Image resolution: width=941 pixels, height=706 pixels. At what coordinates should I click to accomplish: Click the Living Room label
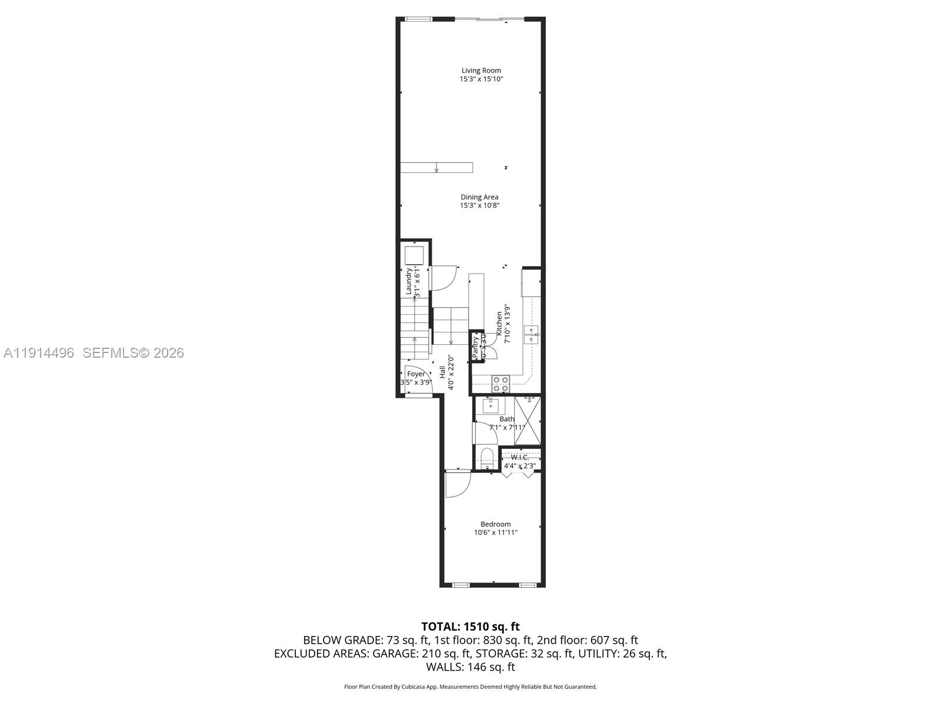[x=481, y=71]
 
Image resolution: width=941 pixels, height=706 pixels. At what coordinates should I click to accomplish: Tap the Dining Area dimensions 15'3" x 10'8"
[x=480, y=205]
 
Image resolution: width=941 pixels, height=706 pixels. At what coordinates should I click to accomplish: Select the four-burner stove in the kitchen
[x=500, y=384]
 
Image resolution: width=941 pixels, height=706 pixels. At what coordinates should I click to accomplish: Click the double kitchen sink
[x=532, y=334]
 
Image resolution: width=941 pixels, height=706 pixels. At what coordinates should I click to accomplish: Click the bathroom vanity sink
[x=490, y=405]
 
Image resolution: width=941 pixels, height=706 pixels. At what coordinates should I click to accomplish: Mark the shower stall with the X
[x=527, y=422]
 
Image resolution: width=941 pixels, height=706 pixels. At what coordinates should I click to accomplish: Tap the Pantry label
[x=476, y=347]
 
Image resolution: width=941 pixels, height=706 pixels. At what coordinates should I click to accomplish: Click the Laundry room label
[x=408, y=281]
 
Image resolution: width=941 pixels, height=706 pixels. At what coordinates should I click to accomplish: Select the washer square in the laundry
[x=414, y=255]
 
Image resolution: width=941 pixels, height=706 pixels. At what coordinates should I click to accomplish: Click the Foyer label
[x=416, y=374]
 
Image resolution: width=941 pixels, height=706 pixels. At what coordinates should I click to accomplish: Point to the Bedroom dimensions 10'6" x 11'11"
[x=496, y=532]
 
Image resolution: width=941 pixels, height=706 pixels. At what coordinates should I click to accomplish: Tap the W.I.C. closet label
[x=520, y=457]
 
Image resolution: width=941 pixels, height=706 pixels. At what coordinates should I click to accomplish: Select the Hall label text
[x=442, y=372]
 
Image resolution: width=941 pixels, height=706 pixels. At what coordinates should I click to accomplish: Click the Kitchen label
[x=499, y=324]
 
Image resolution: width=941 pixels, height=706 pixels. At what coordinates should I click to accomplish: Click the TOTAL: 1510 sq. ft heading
[x=470, y=627]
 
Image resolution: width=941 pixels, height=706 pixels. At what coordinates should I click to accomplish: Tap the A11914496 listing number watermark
[x=39, y=353]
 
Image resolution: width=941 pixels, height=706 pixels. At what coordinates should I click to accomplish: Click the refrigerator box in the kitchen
[x=531, y=282]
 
